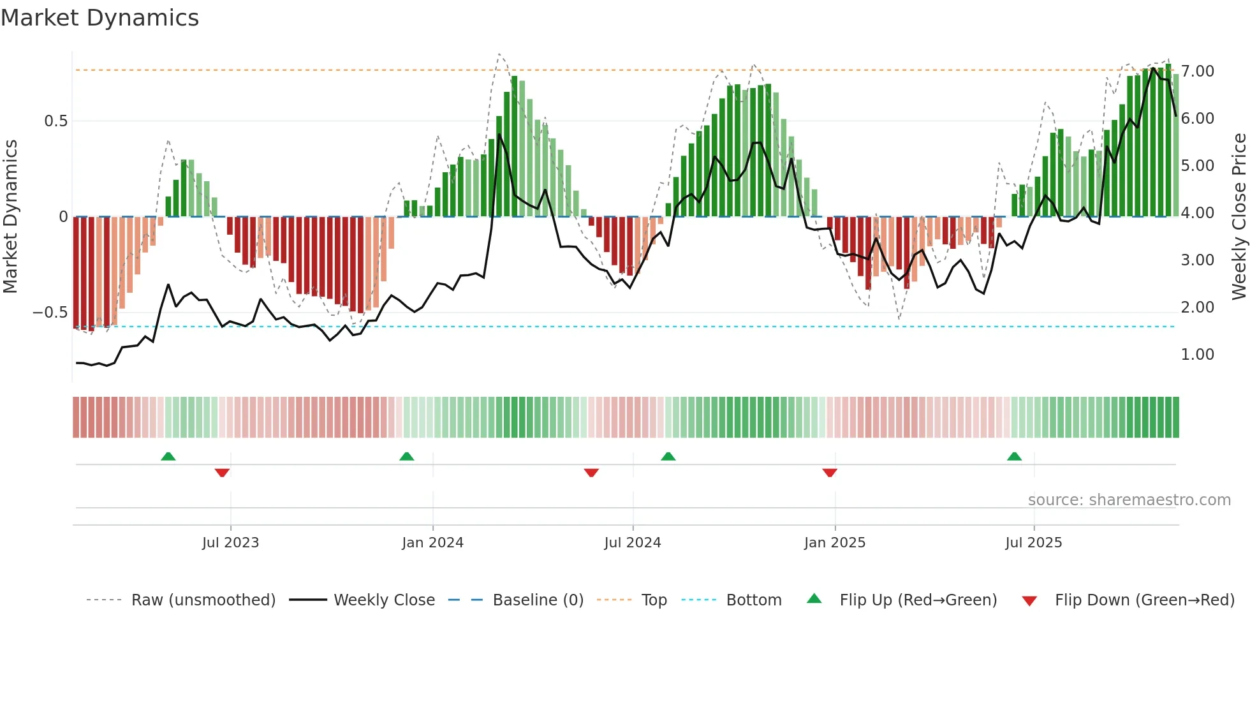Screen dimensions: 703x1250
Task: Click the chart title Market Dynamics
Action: pyautogui.click(x=99, y=18)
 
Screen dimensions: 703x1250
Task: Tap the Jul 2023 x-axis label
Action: pyautogui.click(x=230, y=543)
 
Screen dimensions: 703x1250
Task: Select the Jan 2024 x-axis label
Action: pyautogui.click(x=432, y=543)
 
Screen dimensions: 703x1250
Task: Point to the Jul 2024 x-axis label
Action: pyautogui.click(x=632, y=543)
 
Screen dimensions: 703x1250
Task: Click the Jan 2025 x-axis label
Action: pyautogui.click(x=834, y=543)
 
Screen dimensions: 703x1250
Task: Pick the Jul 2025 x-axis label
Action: pyautogui.click(x=1033, y=543)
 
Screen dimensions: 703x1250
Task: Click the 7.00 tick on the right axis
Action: pyautogui.click(x=1197, y=71)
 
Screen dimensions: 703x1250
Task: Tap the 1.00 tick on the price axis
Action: pyautogui.click(x=1197, y=355)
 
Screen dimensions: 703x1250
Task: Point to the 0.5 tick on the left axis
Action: pyautogui.click(x=55, y=121)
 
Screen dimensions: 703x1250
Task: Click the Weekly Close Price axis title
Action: pyautogui.click(x=1239, y=216)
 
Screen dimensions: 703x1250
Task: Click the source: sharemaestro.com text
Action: pyautogui.click(x=1129, y=500)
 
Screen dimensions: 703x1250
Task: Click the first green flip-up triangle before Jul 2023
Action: pyautogui.click(x=168, y=456)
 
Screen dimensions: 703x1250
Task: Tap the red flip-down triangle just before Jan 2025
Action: pyautogui.click(x=829, y=473)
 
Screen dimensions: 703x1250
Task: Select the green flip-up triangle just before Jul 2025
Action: pyautogui.click(x=1014, y=456)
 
